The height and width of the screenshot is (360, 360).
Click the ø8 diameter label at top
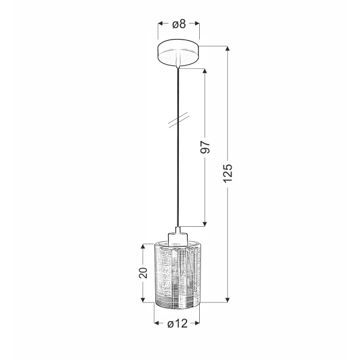(179, 25)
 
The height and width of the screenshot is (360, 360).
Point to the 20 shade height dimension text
(143, 273)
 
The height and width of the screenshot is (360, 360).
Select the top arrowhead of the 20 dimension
(143, 246)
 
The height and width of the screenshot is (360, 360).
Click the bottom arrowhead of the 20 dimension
(143, 299)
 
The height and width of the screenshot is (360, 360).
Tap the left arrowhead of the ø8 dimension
(161, 25)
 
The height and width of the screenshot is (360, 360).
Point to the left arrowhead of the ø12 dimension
(157, 324)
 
